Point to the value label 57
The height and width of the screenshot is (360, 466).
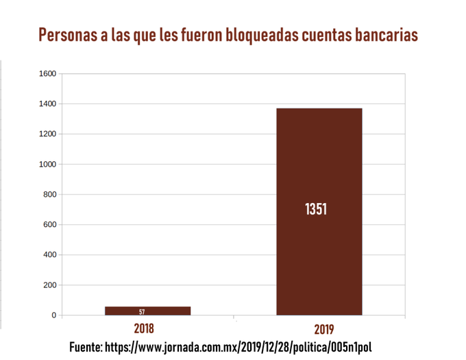tap(142, 312)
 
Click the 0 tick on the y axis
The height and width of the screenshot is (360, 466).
tap(54, 315)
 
